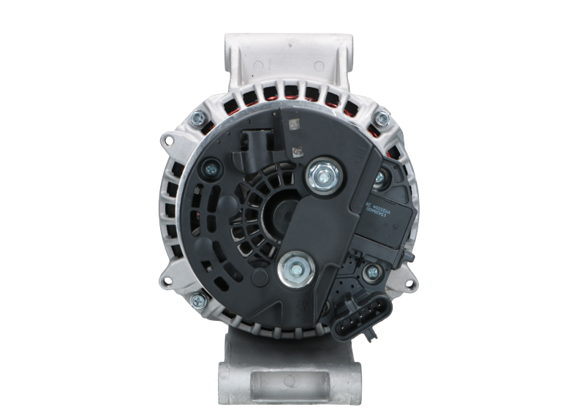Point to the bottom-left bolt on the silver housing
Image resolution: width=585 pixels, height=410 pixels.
click(x=197, y=300)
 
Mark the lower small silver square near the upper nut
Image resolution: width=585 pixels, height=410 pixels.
click(x=296, y=152)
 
